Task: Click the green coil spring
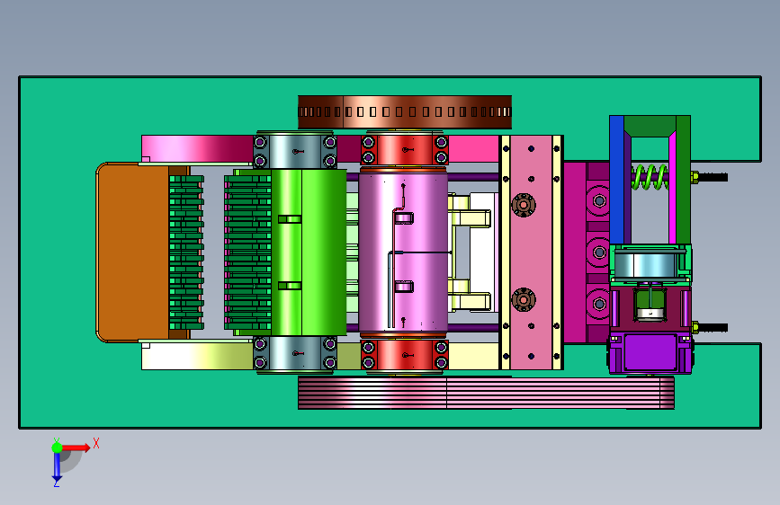[x=650, y=177]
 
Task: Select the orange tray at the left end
[x=133, y=252]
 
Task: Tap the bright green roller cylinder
[x=309, y=252]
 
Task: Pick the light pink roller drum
[x=403, y=252]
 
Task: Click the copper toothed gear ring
[x=405, y=111]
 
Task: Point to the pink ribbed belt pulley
[x=486, y=393]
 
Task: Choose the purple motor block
[x=650, y=353]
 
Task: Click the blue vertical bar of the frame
[x=617, y=180]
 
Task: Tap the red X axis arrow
[x=76, y=447]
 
